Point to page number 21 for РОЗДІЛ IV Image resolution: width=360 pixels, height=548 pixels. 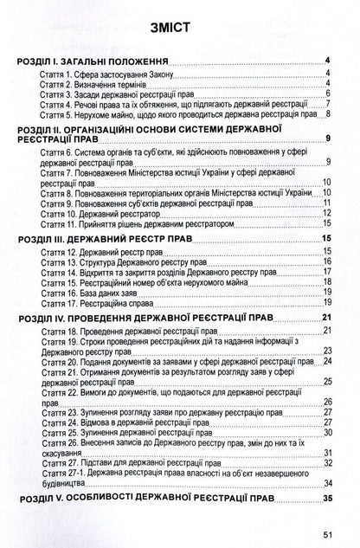pos(328,318)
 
